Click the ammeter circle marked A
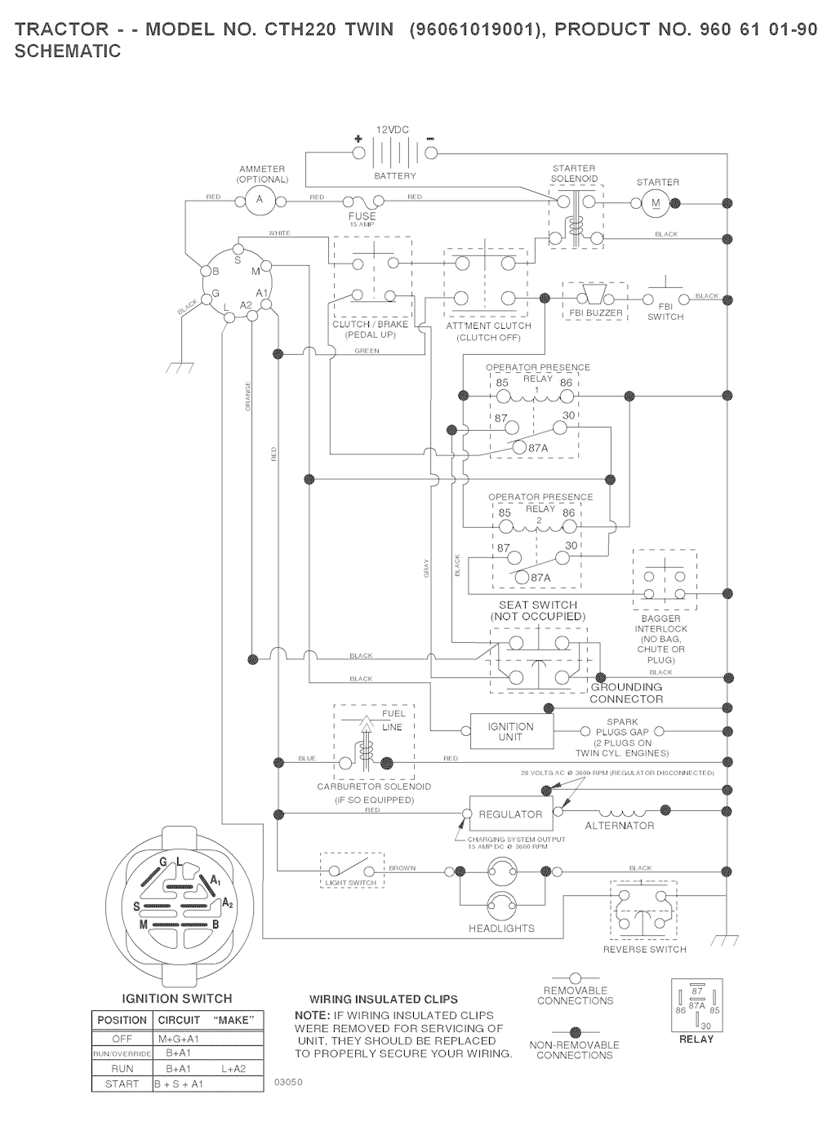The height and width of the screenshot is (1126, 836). click(x=260, y=198)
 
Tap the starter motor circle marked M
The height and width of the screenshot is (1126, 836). click(x=655, y=203)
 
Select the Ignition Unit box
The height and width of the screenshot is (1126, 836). click(x=511, y=732)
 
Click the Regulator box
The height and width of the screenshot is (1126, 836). click(x=510, y=814)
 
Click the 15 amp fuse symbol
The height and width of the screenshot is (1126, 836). click(x=362, y=200)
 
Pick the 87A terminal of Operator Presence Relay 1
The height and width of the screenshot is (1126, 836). click(x=538, y=448)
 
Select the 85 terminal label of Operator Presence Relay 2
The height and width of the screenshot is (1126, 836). click(x=505, y=513)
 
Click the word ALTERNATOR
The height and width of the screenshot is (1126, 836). click(x=620, y=826)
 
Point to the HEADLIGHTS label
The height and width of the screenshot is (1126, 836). click(x=501, y=929)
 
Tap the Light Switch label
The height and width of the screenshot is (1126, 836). click(x=351, y=883)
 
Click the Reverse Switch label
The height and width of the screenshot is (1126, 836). click(x=644, y=950)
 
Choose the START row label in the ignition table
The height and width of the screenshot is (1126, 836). click(x=122, y=1084)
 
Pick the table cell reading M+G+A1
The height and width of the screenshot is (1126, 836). click(x=178, y=1040)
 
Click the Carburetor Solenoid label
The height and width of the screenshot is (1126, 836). click(x=374, y=787)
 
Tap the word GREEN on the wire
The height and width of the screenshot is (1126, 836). click(x=367, y=352)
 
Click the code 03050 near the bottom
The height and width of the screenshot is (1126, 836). click(x=290, y=1083)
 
